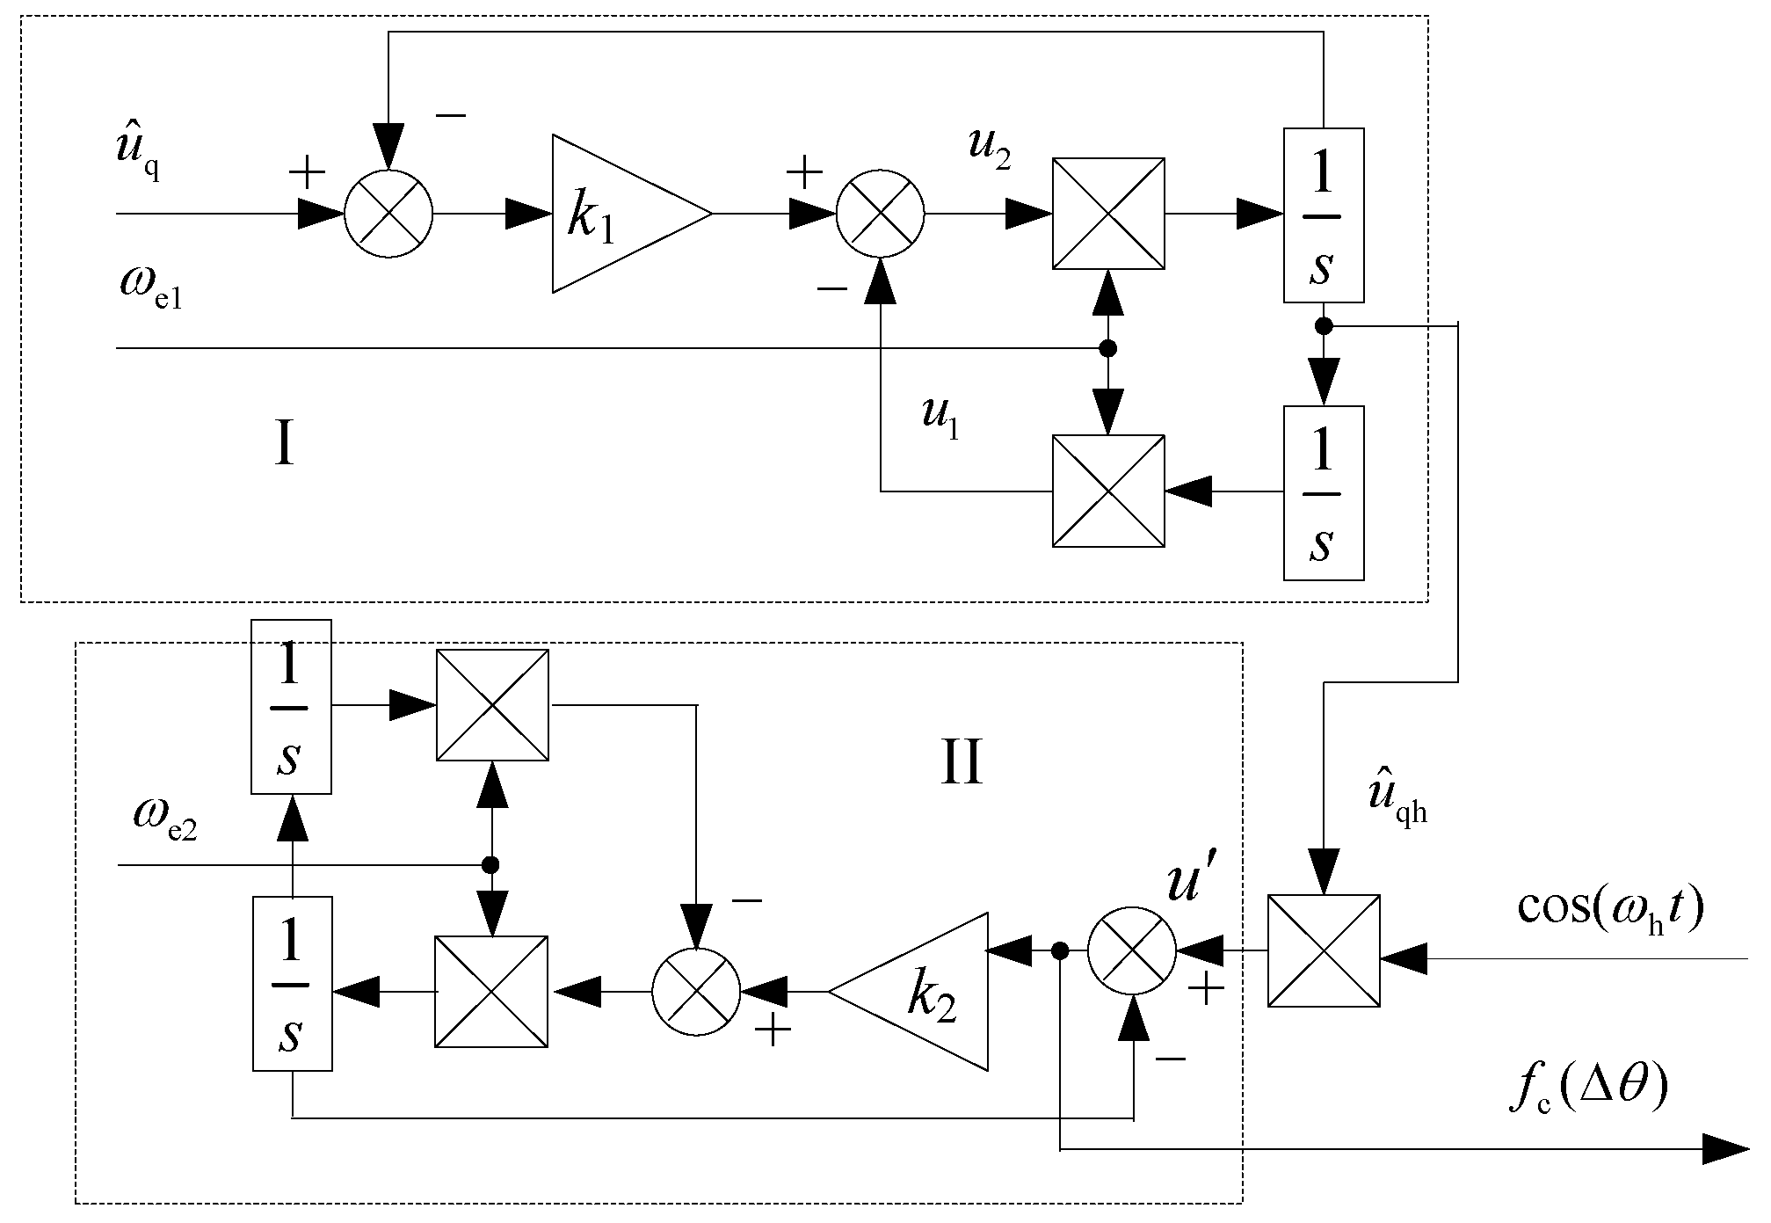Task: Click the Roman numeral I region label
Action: click(x=283, y=445)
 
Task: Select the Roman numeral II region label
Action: click(x=961, y=761)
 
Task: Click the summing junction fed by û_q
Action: click(x=388, y=214)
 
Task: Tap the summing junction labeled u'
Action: click(x=1132, y=950)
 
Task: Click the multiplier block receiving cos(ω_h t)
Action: click(x=1324, y=950)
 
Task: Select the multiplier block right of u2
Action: click(x=1108, y=214)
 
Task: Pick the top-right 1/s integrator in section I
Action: click(x=1324, y=215)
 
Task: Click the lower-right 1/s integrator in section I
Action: click(x=1324, y=492)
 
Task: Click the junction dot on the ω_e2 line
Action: click(x=490, y=864)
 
